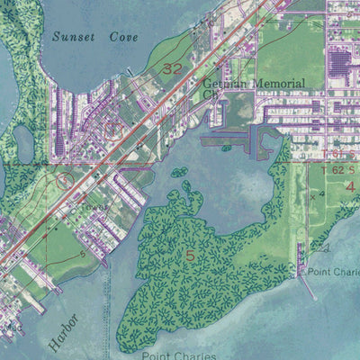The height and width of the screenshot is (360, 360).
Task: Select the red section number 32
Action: (170, 68)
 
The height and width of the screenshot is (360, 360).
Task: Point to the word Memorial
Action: (267, 84)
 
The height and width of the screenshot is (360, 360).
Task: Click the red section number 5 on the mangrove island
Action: (190, 256)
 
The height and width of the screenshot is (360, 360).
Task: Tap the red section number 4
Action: (350, 186)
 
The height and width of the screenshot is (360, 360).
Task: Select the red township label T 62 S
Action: (339, 167)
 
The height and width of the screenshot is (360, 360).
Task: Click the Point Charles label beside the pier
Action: (333, 271)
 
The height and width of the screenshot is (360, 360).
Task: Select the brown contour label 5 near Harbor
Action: (83, 255)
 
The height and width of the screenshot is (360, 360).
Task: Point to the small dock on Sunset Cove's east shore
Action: (131, 72)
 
